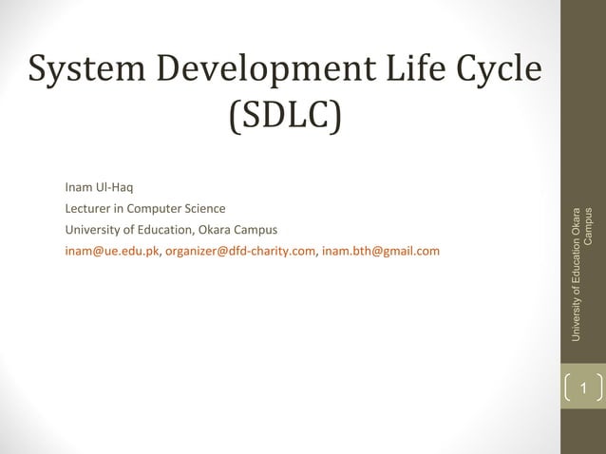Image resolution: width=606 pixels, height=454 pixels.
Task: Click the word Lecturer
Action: click(x=90, y=207)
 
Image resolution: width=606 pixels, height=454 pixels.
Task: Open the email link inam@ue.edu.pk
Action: click(x=111, y=252)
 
